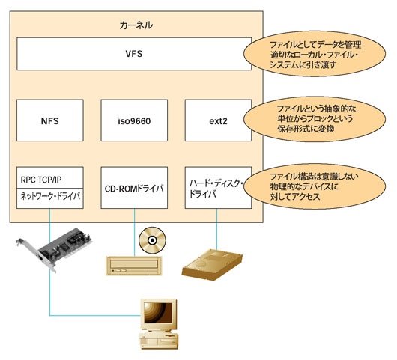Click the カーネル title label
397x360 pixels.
tap(136, 25)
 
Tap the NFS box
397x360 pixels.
tap(51, 119)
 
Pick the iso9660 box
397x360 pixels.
tap(135, 119)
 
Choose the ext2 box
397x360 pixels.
tap(218, 119)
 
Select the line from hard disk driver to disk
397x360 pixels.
tap(218, 225)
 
